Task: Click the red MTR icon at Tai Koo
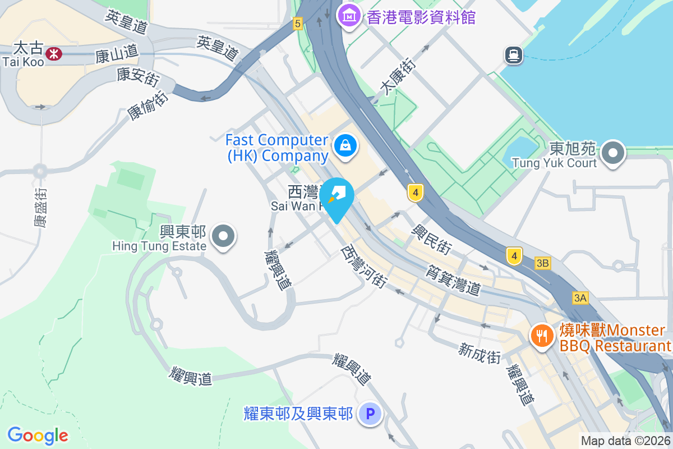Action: (54, 54)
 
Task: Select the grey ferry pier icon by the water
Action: (513, 55)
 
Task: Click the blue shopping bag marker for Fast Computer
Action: (346, 146)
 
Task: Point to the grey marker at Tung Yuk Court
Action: (614, 153)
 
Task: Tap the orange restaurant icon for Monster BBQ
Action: (541, 336)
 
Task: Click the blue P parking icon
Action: (370, 415)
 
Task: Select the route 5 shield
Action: (297, 23)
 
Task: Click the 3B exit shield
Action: (542, 263)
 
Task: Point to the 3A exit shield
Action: (580, 298)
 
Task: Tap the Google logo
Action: (38, 436)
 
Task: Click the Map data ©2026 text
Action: (625, 441)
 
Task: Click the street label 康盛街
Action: (40, 207)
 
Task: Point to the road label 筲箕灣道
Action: (454, 281)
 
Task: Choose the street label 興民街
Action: (431, 239)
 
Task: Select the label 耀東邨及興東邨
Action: (298, 414)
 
